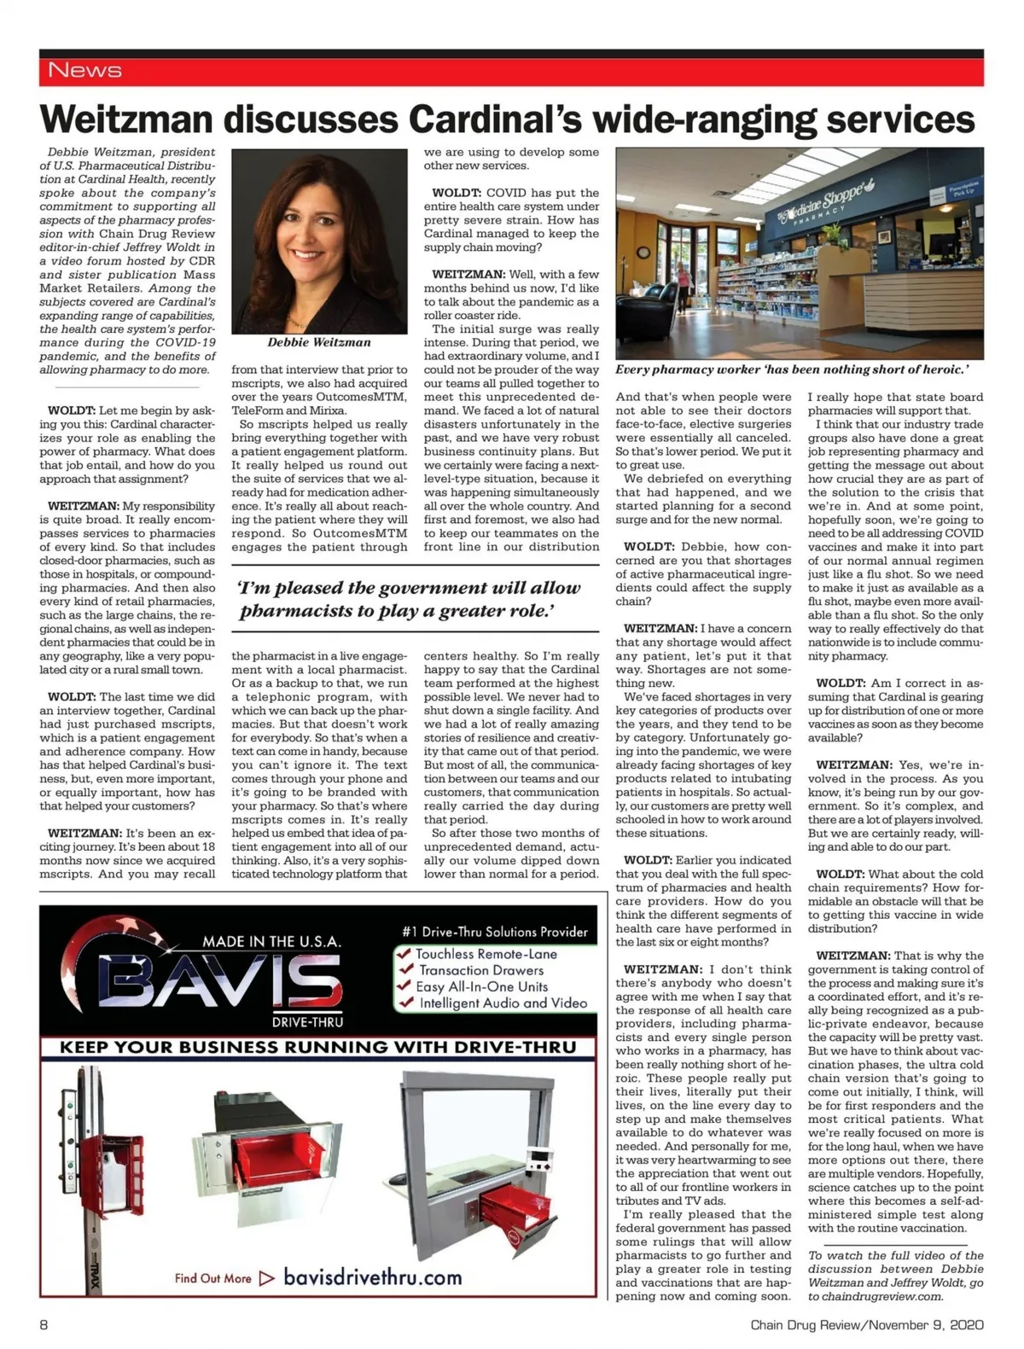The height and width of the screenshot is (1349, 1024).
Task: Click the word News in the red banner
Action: coord(84,70)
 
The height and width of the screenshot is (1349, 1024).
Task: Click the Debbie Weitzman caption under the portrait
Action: coord(319,342)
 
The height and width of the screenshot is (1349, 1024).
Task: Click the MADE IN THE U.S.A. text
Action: coord(271,941)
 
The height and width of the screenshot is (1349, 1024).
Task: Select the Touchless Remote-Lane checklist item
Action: coord(486,954)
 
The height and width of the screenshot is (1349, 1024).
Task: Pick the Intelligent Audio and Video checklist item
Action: coord(503,1003)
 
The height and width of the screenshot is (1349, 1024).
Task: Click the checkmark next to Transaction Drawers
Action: coord(405,970)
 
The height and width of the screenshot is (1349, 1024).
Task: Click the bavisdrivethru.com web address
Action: coord(372,1277)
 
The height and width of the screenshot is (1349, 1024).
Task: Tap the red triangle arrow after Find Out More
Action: coord(266,1278)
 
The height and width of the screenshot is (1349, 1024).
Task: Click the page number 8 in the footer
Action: coord(44,1325)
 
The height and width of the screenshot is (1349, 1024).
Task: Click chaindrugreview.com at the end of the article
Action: coord(876,1296)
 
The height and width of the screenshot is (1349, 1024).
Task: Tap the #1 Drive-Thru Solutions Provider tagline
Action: coord(495,932)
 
